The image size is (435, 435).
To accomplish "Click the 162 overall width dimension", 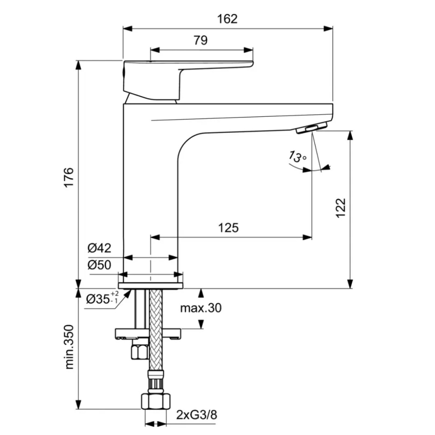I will (x=228, y=19).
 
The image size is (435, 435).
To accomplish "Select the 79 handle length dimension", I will (x=200, y=41).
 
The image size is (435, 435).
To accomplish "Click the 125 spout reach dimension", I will (x=228, y=228).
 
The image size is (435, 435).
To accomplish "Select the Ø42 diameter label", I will (x=99, y=248).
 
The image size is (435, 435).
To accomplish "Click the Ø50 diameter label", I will (x=99, y=265).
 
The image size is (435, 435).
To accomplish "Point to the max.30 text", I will (x=200, y=308).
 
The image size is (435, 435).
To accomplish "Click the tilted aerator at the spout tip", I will (x=311, y=128).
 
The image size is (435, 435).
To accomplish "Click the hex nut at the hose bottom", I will (x=155, y=400).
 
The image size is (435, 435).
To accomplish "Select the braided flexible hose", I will (x=156, y=341).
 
